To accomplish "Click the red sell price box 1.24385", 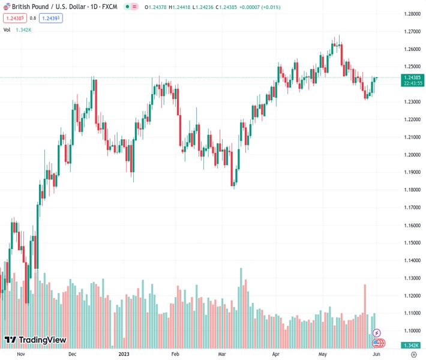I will (13, 18).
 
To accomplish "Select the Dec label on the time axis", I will (73, 355).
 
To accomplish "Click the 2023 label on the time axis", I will (125, 355).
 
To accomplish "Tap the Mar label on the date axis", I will (221, 355).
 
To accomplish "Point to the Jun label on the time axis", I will (376, 355).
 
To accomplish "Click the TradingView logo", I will (35, 341).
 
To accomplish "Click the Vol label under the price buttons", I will (7, 29).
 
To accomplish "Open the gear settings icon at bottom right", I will (414, 355).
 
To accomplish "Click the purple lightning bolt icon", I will (376, 333).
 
